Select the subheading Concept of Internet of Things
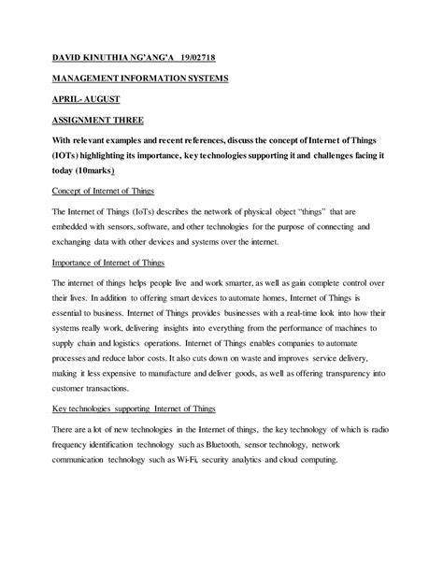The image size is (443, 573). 104,193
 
